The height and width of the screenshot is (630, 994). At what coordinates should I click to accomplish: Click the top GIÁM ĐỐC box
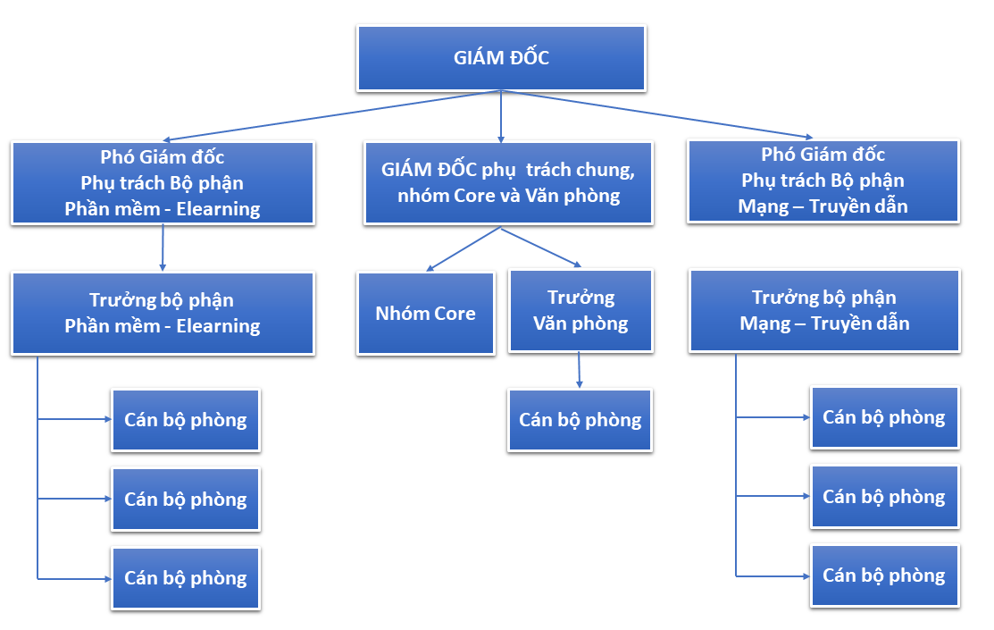click(x=501, y=58)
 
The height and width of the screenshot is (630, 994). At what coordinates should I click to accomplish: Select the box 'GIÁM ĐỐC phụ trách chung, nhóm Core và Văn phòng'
click(x=508, y=182)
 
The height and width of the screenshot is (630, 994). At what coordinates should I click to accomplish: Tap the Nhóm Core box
click(x=426, y=313)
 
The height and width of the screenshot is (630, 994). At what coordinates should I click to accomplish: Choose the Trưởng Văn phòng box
click(x=581, y=310)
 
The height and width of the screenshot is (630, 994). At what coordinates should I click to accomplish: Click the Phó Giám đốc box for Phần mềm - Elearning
click(x=163, y=182)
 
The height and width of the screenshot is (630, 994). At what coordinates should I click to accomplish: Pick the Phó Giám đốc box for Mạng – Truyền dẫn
click(x=823, y=181)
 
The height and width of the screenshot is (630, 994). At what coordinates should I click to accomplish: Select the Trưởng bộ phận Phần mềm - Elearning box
click(x=163, y=313)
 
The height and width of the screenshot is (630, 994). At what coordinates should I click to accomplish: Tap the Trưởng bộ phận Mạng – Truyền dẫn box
click(x=824, y=310)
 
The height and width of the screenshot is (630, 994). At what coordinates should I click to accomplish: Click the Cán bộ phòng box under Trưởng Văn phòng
click(x=580, y=420)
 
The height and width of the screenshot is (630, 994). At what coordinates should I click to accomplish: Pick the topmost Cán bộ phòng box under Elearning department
click(x=186, y=420)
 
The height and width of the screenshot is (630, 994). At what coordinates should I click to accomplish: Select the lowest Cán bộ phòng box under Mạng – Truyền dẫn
click(x=884, y=575)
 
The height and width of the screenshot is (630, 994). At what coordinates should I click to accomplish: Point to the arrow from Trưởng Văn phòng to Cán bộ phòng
click(x=580, y=370)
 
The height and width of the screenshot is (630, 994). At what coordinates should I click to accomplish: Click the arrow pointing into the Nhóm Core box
click(x=464, y=249)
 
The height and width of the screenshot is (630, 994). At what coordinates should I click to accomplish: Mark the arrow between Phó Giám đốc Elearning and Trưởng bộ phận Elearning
click(x=163, y=248)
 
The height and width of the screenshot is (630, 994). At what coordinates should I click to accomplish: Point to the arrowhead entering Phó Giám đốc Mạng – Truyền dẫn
click(x=808, y=137)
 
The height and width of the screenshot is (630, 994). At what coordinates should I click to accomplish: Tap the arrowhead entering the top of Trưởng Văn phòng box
click(x=576, y=264)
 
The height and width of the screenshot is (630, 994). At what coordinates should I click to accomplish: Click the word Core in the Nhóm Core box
click(x=455, y=314)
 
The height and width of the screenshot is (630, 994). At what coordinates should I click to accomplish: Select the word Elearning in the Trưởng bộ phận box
click(x=218, y=326)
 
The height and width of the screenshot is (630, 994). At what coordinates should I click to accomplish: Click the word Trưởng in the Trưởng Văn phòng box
click(x=581, y=298)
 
